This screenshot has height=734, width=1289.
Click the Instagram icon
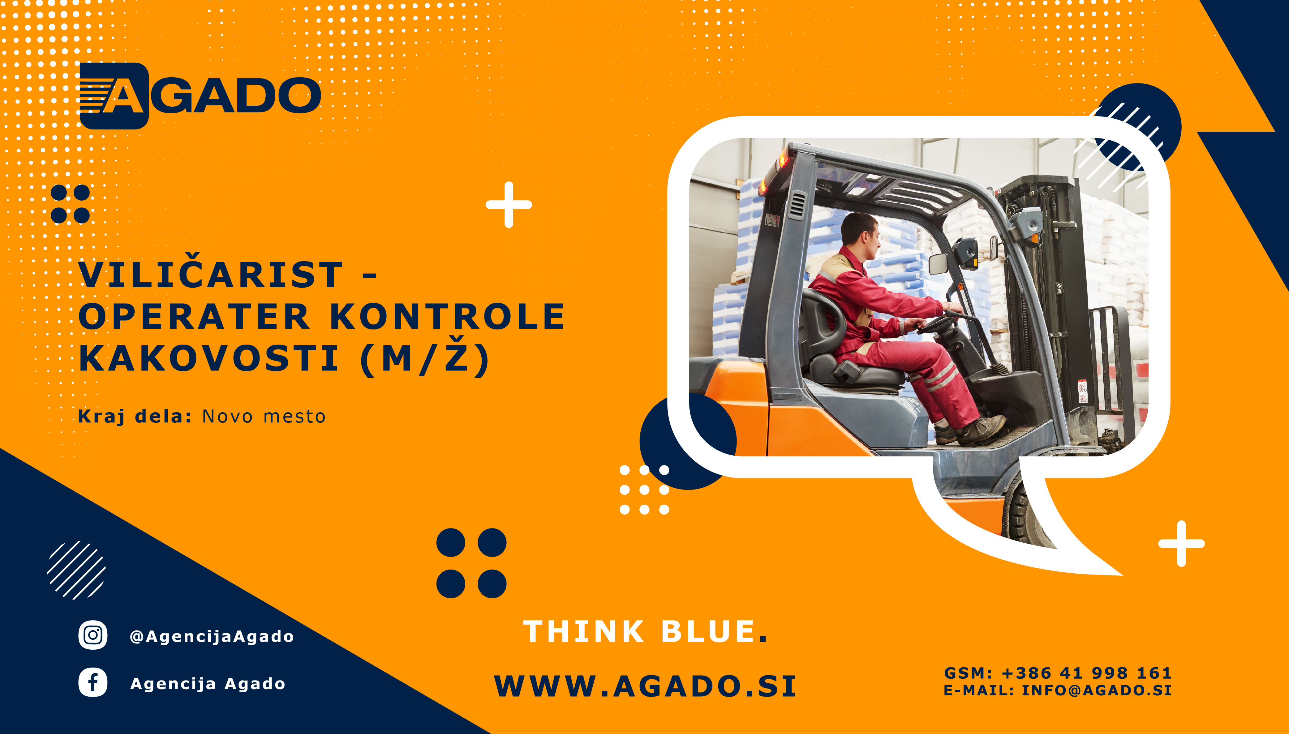(x=93, y=635)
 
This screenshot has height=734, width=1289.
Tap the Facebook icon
(x=93, y=683)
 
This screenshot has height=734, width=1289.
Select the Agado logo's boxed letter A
(x=114, y=96)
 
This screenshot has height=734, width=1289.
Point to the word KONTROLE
(x=448, y=316)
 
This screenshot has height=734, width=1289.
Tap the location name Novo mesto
(x=264, y=416)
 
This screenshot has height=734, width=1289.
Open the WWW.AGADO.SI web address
(x=645, y=686)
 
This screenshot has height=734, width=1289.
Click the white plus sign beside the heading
(x=509, y=205)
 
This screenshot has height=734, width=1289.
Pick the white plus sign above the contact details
(x=1181, y=543)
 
